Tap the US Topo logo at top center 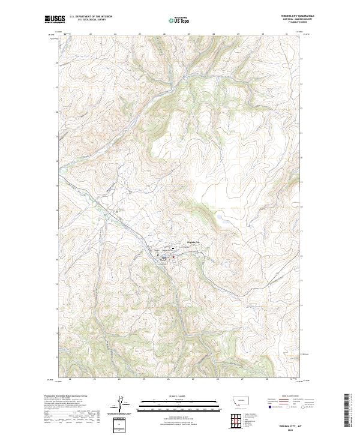tap(180, 20)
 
